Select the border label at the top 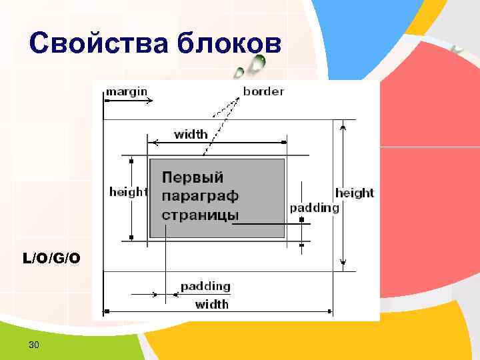pos(263,91)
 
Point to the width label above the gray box pos(191,134)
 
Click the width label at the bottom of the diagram pos(211,304)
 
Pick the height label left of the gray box pos(128,192)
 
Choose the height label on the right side pos(354,193)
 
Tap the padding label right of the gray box pos(314,207)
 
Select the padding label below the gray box pos(205,286)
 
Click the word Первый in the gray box pos(193,177)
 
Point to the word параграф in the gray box pos(200,196)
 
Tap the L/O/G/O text pos(51,257)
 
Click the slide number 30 pos(33,344)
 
